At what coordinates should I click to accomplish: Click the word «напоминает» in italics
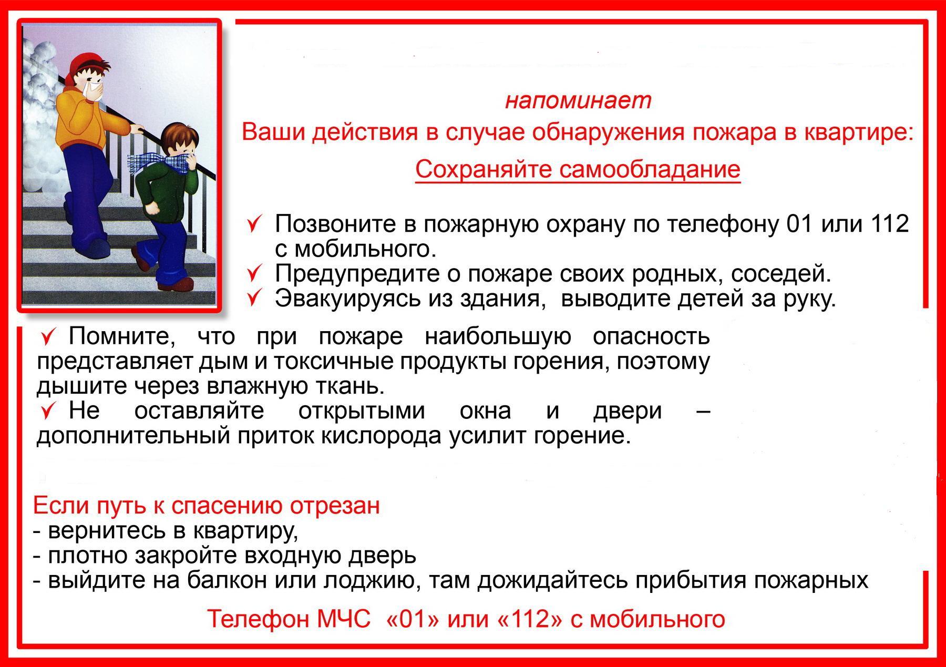(x=578, y=100)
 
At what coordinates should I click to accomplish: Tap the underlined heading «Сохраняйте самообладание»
(x=578, y=169)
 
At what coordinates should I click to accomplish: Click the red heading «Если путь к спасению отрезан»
(x=206, y=506)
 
